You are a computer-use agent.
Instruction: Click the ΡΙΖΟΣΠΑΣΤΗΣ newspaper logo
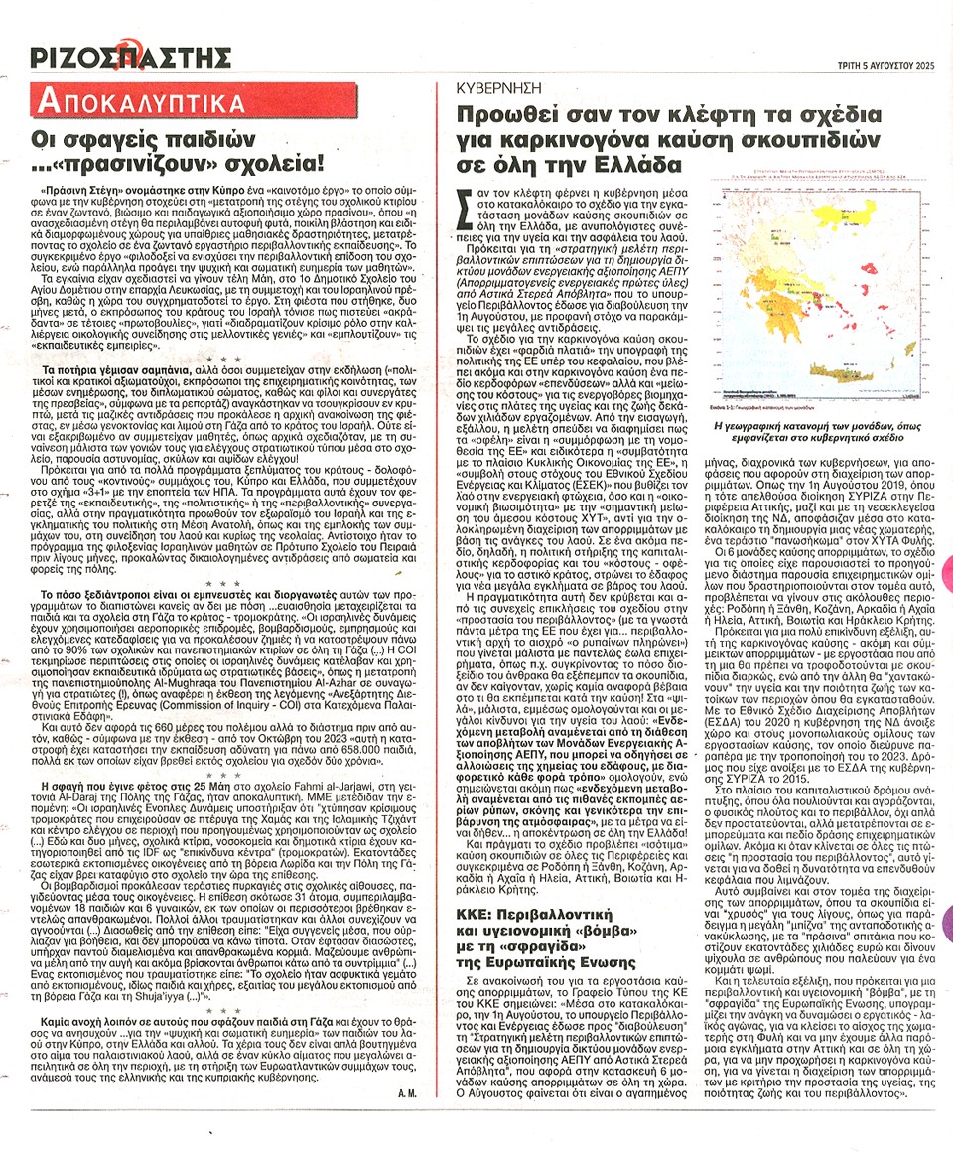pos(125,56)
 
